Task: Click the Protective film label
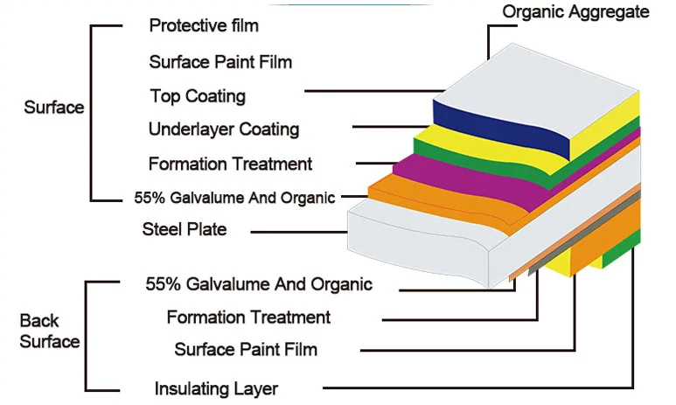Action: click(204, 25)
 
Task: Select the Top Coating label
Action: click(198, 95)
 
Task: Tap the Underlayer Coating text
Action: click(224, 129)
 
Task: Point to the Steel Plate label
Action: click(185, 229)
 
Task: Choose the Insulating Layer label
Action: click(216, 388)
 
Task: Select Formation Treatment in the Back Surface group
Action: click(248, 317)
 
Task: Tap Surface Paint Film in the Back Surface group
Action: click(246, 350)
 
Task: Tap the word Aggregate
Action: click(615, 11)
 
